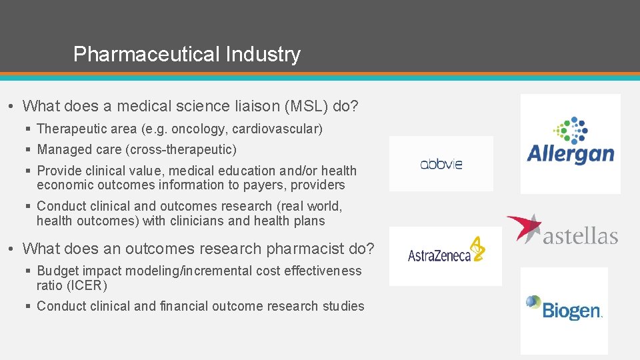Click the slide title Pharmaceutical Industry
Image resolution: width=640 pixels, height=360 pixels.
click(x=187, y=54)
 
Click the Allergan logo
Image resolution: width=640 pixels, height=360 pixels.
click(x=570, y=143)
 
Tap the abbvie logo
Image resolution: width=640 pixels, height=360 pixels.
click(x=441, y=164)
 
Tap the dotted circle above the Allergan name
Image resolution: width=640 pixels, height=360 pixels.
click(x=571, y=129)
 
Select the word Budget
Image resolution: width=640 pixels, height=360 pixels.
click(x=57, y=271)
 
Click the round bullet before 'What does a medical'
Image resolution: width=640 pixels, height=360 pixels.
click(x=13, y=107)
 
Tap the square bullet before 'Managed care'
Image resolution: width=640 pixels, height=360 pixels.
click(x=29, y=150)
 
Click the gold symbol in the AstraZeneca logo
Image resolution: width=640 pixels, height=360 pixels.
click(x=477, y=249)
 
